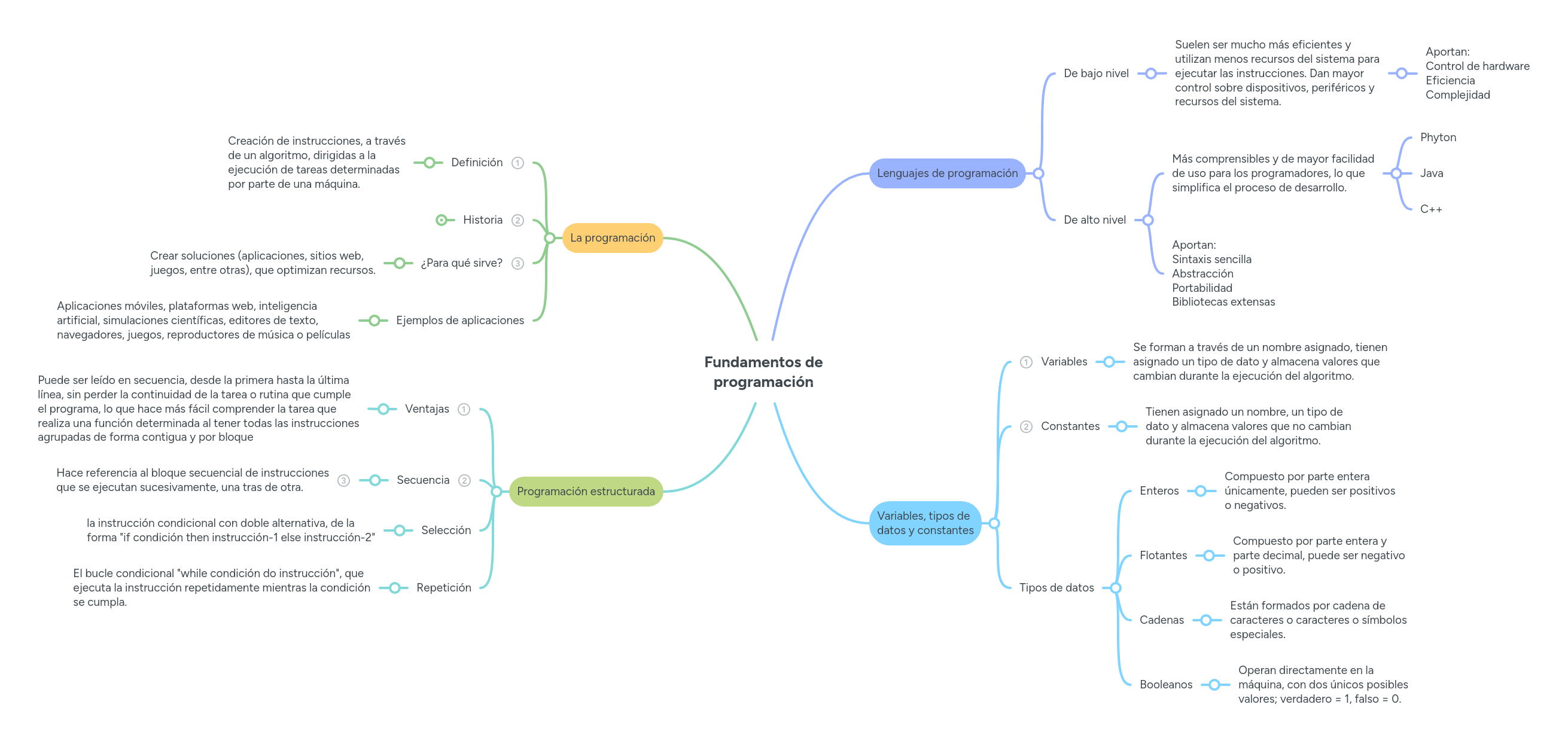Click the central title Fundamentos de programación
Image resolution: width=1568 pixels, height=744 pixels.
click(763, 371)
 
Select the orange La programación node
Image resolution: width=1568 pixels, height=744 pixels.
click(612, 238)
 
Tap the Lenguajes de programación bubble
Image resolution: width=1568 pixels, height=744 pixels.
click(946, 173)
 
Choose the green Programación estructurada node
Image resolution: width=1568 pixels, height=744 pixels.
click(585, 492)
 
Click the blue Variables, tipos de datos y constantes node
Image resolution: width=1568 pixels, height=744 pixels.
click(925, 523)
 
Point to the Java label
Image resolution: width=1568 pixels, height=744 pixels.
click(1431, 173)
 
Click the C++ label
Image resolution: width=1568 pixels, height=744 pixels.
click(1430, 209)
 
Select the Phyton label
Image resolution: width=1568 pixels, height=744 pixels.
click(1438, 138)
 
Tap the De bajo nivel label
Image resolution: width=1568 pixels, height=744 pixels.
click(1095, 74)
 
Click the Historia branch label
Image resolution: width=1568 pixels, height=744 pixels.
click(482, 220)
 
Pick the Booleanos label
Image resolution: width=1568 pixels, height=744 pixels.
click(1165, 685)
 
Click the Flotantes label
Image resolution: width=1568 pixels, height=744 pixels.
click(1162, 556)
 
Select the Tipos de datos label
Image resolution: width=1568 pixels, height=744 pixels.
click(1056, 588)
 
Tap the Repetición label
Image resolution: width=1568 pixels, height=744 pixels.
click(443, 588)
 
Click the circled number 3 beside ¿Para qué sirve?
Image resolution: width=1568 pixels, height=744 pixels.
click(517, 263)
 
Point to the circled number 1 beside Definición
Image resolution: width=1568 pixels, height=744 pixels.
click(517, 163)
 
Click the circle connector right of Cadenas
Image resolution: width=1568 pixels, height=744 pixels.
click(1205, 621)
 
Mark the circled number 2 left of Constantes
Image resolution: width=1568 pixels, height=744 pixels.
click(1025, 427)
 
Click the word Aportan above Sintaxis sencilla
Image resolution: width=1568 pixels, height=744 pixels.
click(1193, 245)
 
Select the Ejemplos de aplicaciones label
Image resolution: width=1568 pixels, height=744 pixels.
click(459, 321)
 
